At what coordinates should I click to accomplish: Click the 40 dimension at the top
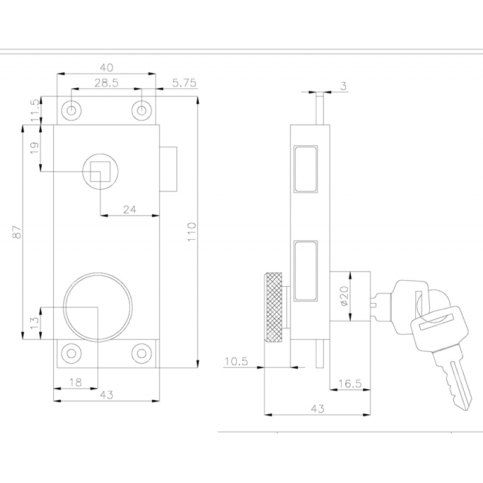(107, 67)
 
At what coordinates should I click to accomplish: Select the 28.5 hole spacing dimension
(106, 83)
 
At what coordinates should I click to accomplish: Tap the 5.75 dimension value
(184, 83)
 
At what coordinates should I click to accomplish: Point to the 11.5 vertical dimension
(35, 110)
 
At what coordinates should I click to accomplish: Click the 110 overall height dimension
(191, 232)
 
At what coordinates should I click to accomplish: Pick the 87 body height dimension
(17, 232)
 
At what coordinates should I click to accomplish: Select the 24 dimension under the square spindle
(129, 210)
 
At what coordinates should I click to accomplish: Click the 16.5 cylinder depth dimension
(350, 383)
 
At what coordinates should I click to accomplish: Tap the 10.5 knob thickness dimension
(236, 361)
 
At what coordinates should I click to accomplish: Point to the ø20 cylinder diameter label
(344, 296)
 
